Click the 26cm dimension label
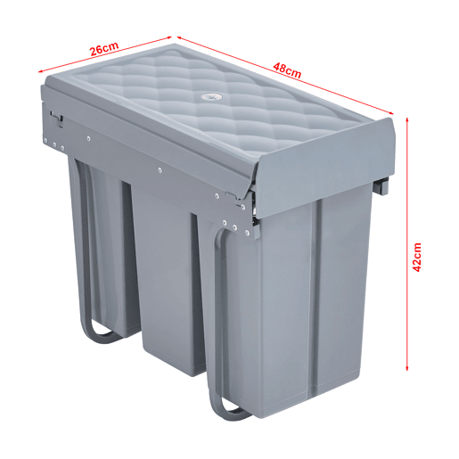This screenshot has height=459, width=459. (104, 48)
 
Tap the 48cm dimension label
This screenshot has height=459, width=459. (287, 70)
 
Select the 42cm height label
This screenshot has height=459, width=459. (417, 257)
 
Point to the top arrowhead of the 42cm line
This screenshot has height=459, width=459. (407, 119)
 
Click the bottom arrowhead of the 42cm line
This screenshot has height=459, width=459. (407, 368)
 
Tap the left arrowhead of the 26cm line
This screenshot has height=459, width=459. (41, 71)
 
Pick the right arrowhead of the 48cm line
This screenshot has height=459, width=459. (390, 112)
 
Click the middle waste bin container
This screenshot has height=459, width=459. (167, 279)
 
